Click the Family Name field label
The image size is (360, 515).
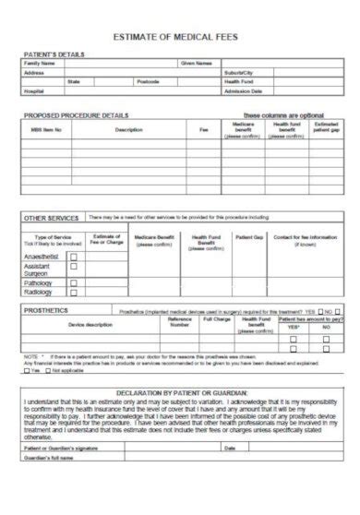pyautogui.click(x=42, y=64)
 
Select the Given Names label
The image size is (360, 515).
pyautogui.click(x=197, y=64)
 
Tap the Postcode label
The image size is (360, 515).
pyautogui.click(x=148, y=82)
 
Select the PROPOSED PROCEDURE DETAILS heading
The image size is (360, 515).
pyautogui.click(x=76, y=115)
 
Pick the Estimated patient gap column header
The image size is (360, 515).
pyautogui.click(x=326, y=128)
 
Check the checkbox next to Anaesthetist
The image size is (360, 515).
pyautogui.click(x=73, y=258)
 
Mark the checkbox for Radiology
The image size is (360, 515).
pyautogui.click(x=73, y=293)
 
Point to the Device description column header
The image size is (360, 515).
pyautogui.click(x=90, y=325)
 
